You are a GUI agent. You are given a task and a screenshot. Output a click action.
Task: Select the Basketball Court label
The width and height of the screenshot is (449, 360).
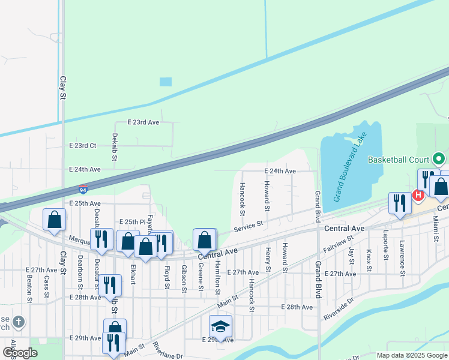tap(399, 160)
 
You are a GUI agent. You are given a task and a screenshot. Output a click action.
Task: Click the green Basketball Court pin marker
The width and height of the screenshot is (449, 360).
tap(439, 160)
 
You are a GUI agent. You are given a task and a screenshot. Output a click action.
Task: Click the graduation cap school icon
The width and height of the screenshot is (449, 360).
tap(220, 326)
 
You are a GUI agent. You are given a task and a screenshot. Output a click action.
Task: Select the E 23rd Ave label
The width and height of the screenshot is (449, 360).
tap(143, 122)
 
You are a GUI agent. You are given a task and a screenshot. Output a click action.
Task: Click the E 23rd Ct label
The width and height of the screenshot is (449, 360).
tap(82, 146)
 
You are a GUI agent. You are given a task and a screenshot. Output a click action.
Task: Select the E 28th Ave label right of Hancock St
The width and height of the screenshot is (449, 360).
tap(297, 307)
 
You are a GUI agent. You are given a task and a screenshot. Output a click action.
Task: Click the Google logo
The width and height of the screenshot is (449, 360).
tap(20, 353)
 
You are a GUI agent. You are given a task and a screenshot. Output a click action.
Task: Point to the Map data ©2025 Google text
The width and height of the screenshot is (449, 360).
tap(412, 355)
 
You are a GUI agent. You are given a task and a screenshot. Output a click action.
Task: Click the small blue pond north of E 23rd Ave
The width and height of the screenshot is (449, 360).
tap(166, 82)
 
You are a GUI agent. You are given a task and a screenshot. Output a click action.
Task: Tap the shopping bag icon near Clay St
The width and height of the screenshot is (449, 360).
tap(55, 220)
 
